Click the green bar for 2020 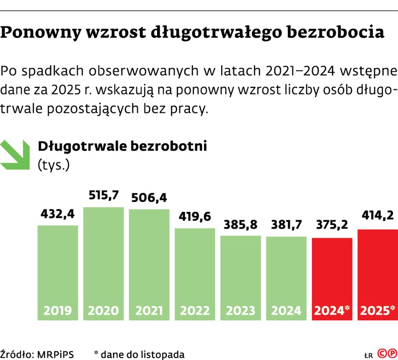coord(104,263)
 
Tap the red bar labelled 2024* coord(332,278)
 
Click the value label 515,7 coord(104,195)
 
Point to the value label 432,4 coord(58,214)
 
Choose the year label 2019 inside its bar coord(58,310)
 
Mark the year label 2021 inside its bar coord(149,310)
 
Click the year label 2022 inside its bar coord(195,310)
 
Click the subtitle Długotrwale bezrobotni coord(122,146)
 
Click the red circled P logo coord(391,354)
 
